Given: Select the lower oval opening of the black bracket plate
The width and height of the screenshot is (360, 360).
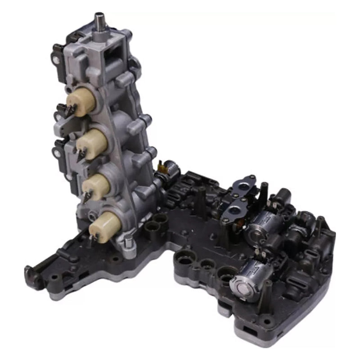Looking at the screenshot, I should coord(234,210).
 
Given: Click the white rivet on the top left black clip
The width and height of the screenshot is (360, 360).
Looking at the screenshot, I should coord(55,59).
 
